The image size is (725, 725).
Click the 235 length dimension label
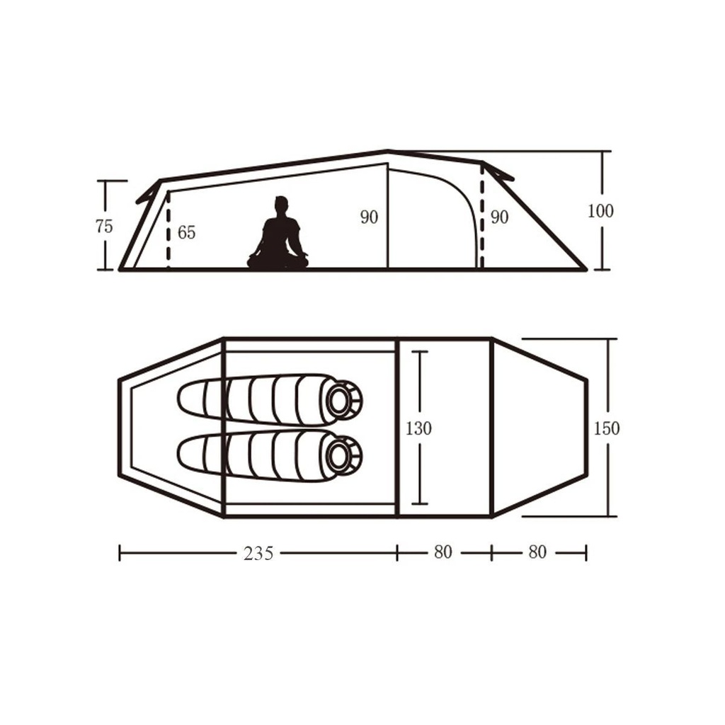pyautogui.click(x=258, y=554)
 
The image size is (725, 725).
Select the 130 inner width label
pyautogui.click(x=418, y=428)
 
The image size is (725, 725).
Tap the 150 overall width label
pyautogui.click(x=607, y=428)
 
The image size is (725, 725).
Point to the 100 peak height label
pyautogui.click(x=600, y=211)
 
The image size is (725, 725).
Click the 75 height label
pyautogui.click(x=103, y=227)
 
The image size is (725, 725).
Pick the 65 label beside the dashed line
pyautogui.click(x=186, y=233)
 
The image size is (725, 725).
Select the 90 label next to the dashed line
pyautogui.click(x=499, y=218)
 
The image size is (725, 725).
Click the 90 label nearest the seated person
pyautogui.click(x=369, y=218)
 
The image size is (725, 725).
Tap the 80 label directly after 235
pyautogui.click(x=443, y=552)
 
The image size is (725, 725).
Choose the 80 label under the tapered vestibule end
pyautogui.click(x=537, y=552)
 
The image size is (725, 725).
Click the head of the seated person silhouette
pyautogui.click(x=282, y=205)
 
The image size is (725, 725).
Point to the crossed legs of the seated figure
pyautogui.click(x=278, y=261)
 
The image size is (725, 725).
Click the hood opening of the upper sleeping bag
pyautogui.click(x=343, y=400)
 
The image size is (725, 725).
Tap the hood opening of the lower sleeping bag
pyautogui.click(x=343, y=455)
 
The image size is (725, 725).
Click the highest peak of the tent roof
pyautogui.click(x=388, y=151)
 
